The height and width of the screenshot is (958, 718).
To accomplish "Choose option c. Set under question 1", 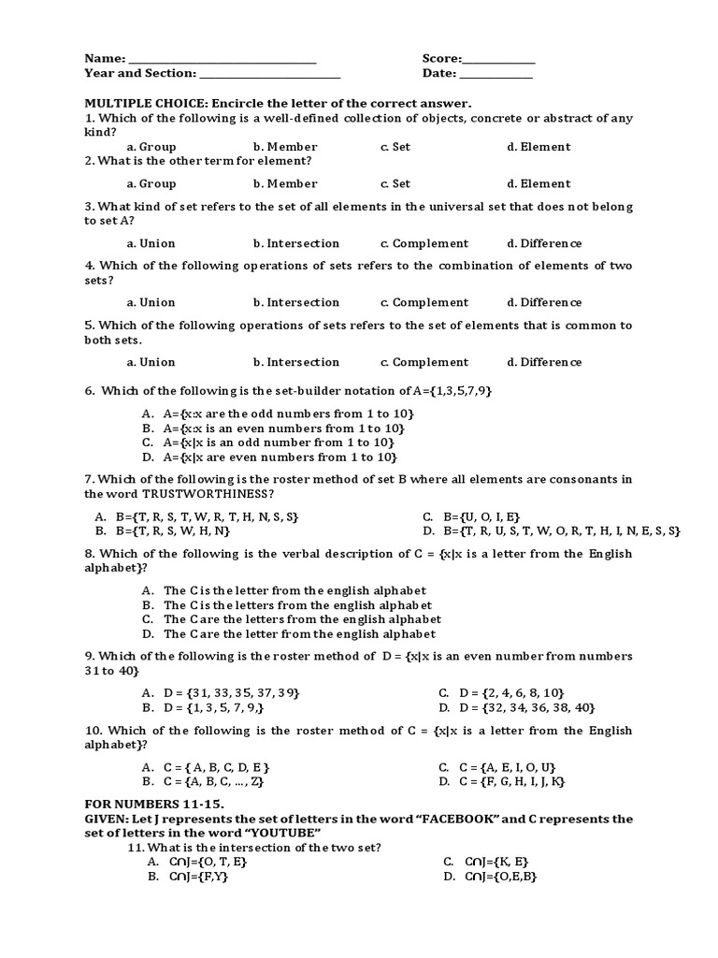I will click(x=395, y=147).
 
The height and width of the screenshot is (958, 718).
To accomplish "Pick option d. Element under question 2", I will click(x=538, y=184).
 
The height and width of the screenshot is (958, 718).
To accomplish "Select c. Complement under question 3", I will click(x=424, y=243).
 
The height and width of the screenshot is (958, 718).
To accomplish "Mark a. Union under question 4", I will click(x=151, y=303).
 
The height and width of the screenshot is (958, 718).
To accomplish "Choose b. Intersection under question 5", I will click(x=296, y=362).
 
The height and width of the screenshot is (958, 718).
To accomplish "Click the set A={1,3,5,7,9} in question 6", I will click(x=438, y=390).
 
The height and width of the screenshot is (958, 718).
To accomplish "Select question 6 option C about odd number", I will click(x=277, y=443).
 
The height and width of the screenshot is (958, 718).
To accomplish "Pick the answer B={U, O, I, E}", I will click(x=471, y=516).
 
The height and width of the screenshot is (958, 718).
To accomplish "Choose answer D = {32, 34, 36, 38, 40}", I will click(x=515, y=707).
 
